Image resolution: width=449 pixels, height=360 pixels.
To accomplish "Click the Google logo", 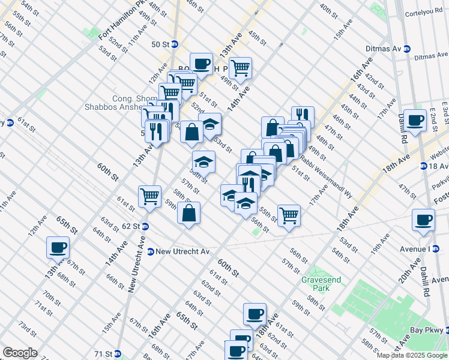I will [20, 353].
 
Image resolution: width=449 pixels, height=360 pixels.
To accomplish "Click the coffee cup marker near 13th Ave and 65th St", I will [58, 247].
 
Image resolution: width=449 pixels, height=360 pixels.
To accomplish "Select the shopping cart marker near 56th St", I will [289, 215].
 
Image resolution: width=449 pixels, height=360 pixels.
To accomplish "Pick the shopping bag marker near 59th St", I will [188, 213].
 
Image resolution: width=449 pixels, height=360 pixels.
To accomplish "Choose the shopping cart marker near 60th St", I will [149, 196].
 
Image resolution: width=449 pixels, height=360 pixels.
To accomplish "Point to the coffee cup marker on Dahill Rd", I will [415, 121].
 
